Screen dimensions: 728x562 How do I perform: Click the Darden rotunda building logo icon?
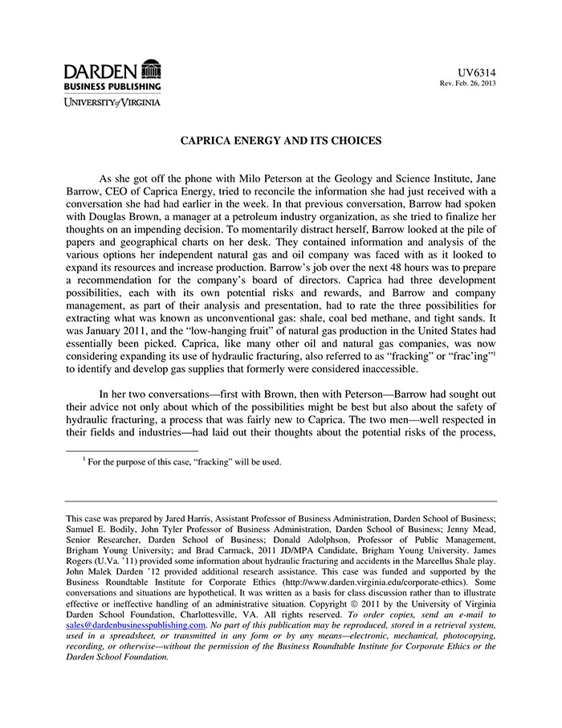click(x=150, y=68)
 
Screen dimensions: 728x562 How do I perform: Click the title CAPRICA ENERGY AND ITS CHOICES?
click(x=280, y=141)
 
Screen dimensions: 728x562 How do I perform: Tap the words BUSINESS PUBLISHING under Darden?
click(x=113, y=86)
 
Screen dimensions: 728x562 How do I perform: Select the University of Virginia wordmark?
click(x=113, y=102)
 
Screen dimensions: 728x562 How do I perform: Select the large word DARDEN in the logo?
click(x=101, y=69)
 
